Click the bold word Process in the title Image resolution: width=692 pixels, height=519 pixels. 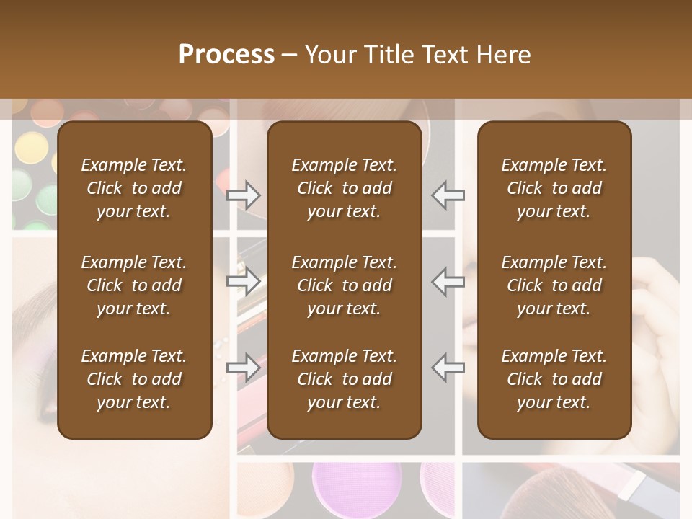[x=226, y=55]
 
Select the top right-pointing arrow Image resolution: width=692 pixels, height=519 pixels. [x=244, y=195]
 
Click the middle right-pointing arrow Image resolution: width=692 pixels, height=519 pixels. [x=244, y=281]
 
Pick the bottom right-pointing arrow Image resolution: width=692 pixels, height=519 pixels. [x=244, y=368]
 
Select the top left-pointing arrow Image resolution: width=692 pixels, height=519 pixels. [x=448, y=195]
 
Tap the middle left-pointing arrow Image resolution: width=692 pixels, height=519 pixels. [x=448, y=281]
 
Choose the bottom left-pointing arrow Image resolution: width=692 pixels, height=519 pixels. [x=448, y=368]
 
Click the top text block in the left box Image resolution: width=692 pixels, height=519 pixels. [x=134, y=188]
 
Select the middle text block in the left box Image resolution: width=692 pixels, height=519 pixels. [x=134, y=285]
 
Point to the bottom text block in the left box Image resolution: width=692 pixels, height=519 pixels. [x=134, y=379]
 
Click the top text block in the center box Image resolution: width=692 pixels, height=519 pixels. [x=344, y=188]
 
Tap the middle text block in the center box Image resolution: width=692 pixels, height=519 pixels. [x=344, y=285]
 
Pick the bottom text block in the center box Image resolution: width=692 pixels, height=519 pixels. [x=344, y=379]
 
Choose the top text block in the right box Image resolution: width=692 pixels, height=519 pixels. [x=554, y=188]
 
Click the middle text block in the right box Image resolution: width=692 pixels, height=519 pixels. [x=554, y=285]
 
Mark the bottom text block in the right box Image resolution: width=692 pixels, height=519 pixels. [x=554, y=379]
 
